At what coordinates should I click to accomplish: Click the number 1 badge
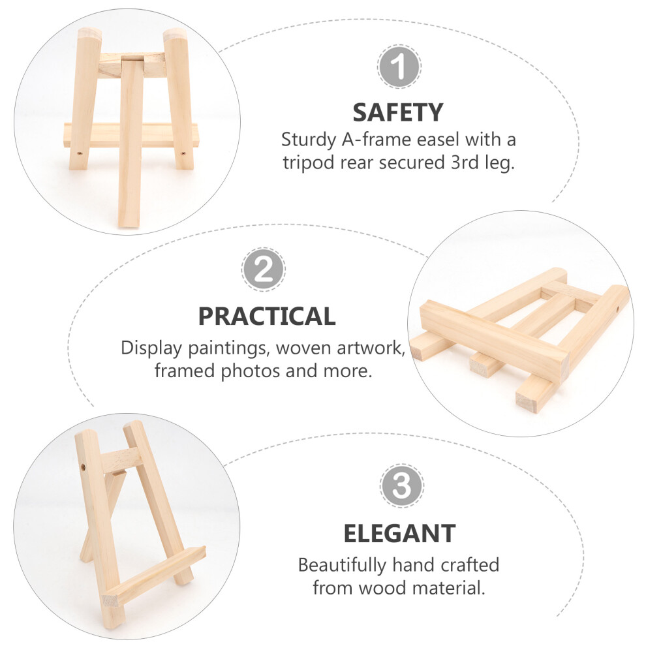click(399, 67)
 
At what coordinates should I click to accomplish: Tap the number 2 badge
click(264, 270)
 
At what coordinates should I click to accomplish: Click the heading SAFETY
click(398, 112)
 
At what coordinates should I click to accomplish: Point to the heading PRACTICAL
click(267, 316)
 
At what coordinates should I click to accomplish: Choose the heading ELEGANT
click(399, 534)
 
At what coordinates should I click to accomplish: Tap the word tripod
click(308, 162)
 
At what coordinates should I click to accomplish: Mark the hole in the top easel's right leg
click(183, 153)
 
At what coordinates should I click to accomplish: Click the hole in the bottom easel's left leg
click(84, 467)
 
